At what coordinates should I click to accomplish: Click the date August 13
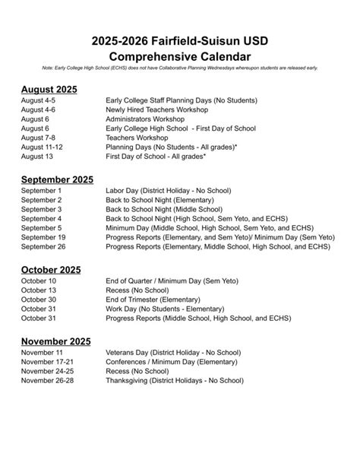38,156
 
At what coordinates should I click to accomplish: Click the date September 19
44,237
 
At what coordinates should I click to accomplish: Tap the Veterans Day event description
173,353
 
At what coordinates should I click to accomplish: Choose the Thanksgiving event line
173,380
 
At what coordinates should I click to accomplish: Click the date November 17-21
48,362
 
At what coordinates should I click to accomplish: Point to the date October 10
39,281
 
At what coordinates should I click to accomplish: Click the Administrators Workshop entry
148,119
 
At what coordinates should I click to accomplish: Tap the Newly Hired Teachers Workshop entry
159,110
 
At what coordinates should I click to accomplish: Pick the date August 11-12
43,147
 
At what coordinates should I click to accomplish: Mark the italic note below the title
180,68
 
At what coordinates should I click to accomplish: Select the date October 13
39,290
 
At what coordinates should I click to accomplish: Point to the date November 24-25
48,371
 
